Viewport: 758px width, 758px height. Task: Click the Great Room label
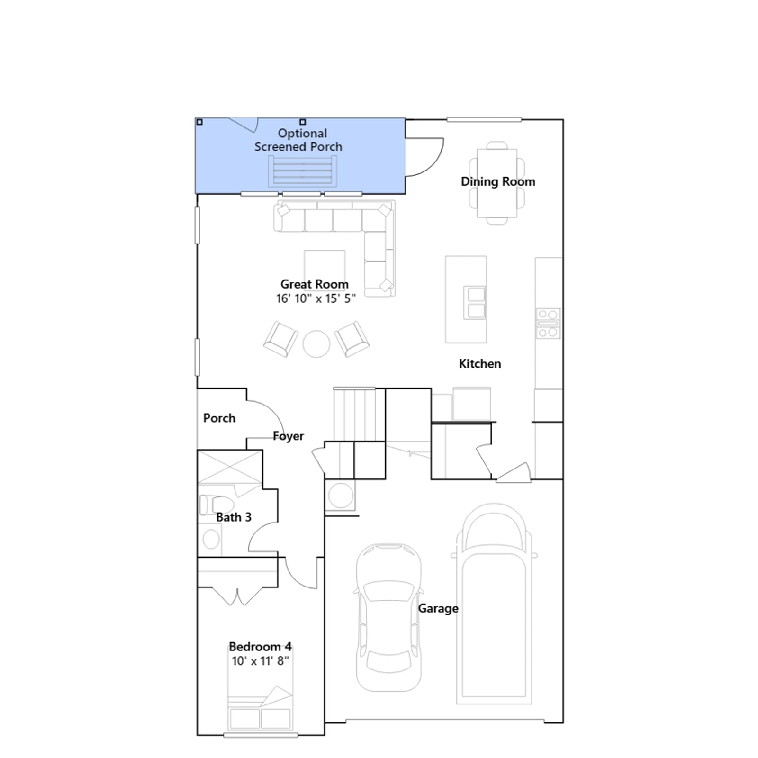[x=315, y=284]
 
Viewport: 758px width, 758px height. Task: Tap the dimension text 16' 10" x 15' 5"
[x=316, y=298]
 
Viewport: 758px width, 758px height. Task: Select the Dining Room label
[x=498, y=182]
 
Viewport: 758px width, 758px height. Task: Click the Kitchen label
[x=480, y=364]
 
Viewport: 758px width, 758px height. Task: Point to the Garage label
[x=438, y=609]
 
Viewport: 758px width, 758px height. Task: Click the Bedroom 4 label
[x=260, y=647]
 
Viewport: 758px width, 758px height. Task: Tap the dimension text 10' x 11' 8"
[x=260, y=661]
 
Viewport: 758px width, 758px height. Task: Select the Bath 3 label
[x=234, y=517]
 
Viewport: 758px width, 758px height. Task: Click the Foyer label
[x=289, y=436]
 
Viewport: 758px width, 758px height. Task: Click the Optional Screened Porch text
[x=298, y=140]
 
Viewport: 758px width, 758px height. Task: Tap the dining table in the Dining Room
[x=497, y=183]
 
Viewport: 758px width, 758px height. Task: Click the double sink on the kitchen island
[x=474, y=303]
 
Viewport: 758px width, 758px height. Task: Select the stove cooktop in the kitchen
[x=548, y=324]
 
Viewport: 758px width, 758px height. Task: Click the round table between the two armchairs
[x=316, y=344]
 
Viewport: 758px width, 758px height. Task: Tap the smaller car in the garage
[x=388, y=618]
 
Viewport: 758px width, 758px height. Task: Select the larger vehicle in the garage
[x=494, y=604]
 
